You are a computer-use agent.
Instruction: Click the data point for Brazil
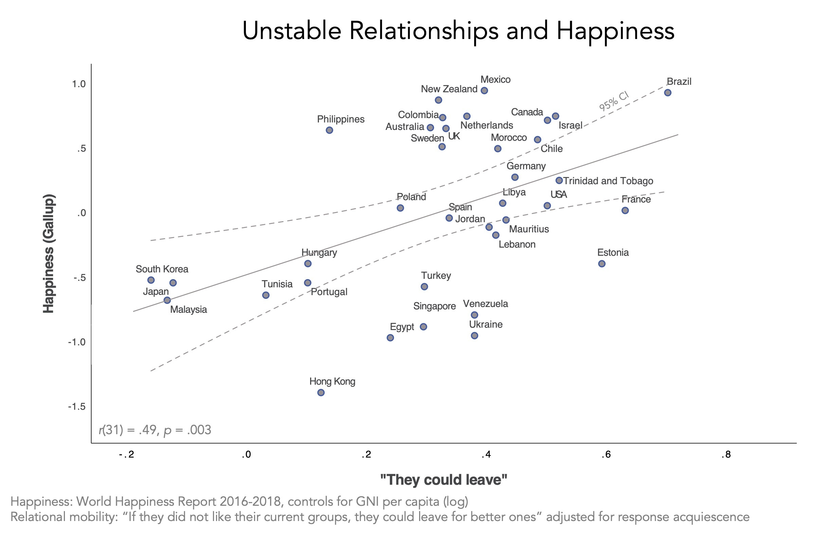(667, 93)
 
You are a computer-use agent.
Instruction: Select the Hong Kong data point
(321, 392)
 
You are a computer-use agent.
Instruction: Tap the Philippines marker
(329, 130)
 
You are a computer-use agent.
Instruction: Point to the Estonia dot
(602, 264)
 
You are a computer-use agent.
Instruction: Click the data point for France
(625, 210)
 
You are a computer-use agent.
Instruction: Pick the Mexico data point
(484, 91)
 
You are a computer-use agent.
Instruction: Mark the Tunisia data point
(266, 295)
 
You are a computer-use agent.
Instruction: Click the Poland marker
(400, 208)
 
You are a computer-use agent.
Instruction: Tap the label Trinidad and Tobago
(608, 181)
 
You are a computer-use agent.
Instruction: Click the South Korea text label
(162, 269)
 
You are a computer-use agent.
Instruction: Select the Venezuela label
(485, 304)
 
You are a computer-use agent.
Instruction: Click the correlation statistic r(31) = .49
(155, 430)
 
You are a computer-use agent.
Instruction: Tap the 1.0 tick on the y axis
(78, 84)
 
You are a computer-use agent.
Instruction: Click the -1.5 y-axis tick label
(76, 406)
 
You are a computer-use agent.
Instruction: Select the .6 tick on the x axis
(606, 454)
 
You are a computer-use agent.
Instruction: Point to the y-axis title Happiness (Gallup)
(48, 253)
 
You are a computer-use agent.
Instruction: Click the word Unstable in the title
(292, 31)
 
